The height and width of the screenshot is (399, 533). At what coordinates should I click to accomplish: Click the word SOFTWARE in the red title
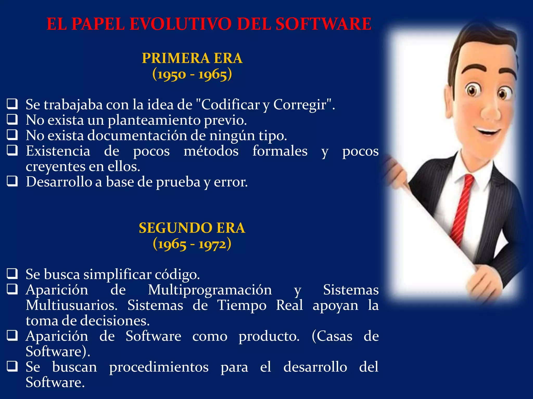point(323,24)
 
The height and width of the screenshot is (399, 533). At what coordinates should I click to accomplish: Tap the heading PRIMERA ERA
point(192,58)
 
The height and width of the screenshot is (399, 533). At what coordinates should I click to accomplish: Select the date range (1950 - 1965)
point(192,75)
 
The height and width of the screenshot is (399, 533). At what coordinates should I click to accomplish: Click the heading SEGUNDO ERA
point(192,228)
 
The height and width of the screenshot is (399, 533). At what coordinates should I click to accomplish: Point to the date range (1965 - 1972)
point(192,244)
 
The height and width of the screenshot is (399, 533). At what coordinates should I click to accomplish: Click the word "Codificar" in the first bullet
point(230,105)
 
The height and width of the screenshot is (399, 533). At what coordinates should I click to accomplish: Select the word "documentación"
point(137,136)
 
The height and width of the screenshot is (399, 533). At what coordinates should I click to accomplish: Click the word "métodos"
point(211,151)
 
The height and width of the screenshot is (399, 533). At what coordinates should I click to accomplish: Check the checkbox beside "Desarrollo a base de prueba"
point(12,181)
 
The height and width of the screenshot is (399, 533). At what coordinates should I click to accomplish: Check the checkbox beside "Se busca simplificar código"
point(12,274)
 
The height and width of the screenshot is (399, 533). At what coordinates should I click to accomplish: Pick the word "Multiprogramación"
point(210,290)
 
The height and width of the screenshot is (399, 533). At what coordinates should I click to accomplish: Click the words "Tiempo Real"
point(260,305)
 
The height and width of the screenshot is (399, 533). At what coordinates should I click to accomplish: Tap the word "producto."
point(269,336)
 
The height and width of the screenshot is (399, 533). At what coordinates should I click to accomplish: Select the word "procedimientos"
point(159,367)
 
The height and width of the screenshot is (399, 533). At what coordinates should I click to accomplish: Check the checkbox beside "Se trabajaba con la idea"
point(12,104)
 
